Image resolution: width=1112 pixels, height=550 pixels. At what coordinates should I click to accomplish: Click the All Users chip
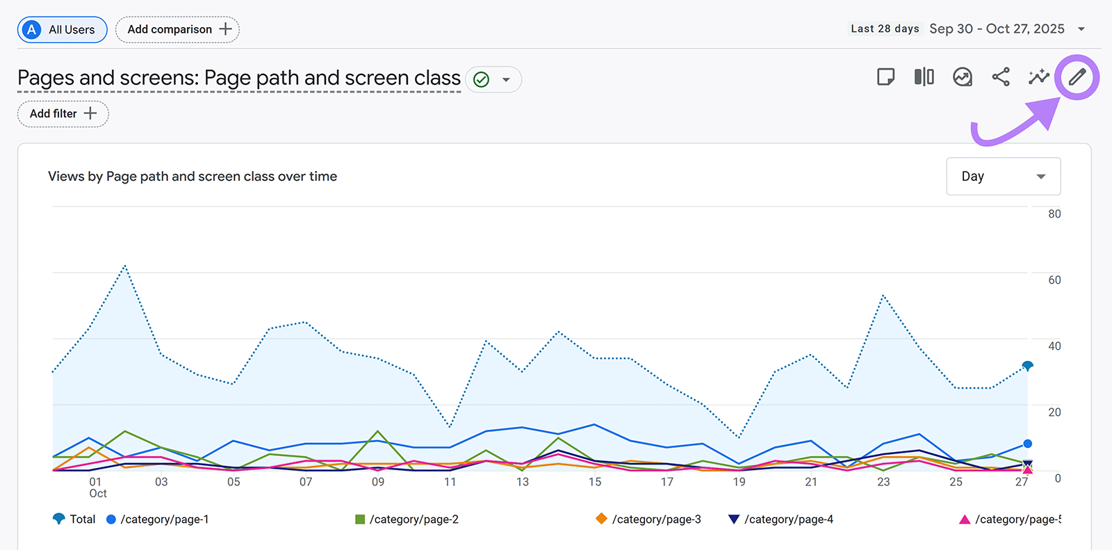[x=62, y=30]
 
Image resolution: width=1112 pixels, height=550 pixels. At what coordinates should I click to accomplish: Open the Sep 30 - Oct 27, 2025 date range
[x=997, y=29]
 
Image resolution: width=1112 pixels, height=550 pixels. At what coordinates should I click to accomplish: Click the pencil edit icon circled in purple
[x=1077, y=77]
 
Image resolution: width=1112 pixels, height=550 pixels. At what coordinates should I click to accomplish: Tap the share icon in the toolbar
[x=1001, y=77]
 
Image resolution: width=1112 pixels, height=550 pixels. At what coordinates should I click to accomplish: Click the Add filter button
[x=63, y=114]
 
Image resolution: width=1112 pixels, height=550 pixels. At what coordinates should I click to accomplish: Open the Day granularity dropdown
[x=1003, y=177]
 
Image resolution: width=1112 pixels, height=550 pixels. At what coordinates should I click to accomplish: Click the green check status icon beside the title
[x=481, y=80]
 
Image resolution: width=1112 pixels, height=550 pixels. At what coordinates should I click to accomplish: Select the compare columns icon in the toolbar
[x=924, y=77]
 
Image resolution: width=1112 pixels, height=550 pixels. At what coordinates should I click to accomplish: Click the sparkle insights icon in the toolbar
[x=1038, y=77]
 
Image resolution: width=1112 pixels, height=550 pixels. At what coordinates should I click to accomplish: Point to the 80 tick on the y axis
[x=1054, y=214]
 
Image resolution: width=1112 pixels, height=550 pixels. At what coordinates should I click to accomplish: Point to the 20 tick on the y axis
[x=1054, y=412]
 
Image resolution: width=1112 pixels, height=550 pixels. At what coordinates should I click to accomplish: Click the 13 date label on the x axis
[x=523, y=482]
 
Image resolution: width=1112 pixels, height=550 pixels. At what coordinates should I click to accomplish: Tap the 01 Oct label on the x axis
[x=97, y=487]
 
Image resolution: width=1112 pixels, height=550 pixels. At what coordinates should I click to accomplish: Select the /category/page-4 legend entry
[x=788, y=519]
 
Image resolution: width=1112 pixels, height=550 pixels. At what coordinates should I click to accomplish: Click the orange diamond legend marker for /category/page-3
[x=601, y=519]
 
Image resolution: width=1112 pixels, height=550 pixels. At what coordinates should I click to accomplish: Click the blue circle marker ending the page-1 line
[x=1027, y=444]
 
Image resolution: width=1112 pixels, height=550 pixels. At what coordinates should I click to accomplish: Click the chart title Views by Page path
[x=193, y=177]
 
